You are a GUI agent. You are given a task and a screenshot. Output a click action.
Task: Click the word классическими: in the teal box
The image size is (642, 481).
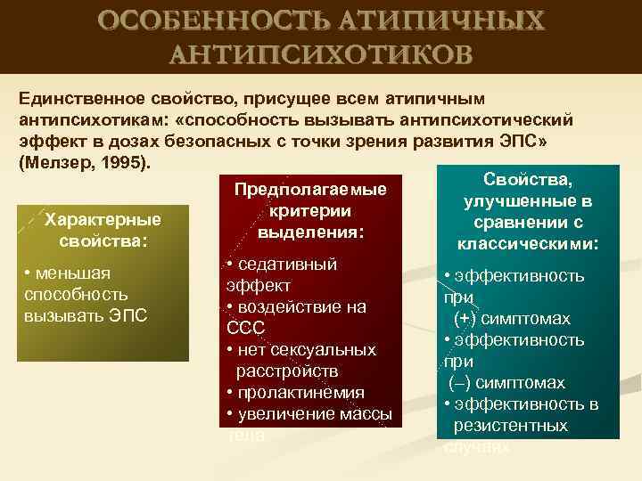coord(527,243)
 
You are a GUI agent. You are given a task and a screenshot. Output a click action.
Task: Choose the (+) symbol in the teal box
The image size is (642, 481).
coord(465,319)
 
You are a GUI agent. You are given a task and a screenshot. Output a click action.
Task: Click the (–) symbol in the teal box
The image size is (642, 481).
coord(460,383)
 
